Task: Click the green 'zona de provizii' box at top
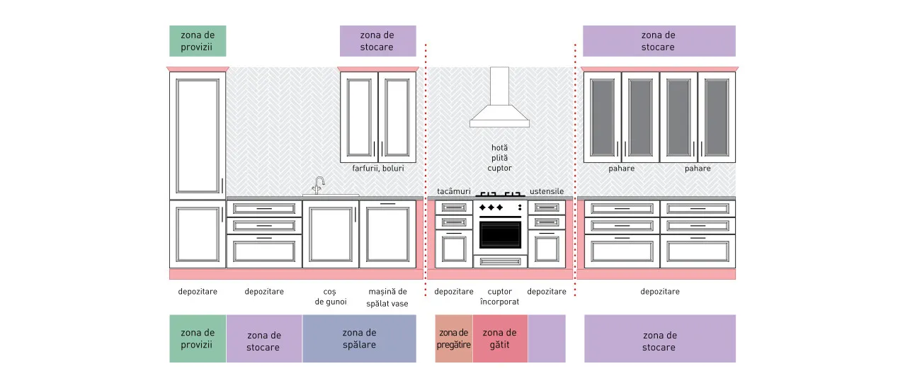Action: tap(198, 41)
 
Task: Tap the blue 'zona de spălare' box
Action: tap(359, 338)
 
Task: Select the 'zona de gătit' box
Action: tap(500, 338)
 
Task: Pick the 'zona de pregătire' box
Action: tap(454, 338)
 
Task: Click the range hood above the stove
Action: tap(499, 97)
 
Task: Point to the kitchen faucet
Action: tap(319, 186)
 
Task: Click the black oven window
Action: tap(500, 234)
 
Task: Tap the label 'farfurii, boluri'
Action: tap(377, 169)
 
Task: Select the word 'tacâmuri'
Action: tap(454, 191)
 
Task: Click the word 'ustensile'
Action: tap(547, 191)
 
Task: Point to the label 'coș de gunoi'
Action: tap(331, 297)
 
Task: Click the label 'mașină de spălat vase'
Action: tap(387, 297)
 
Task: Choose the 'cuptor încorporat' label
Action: tap(499, 297)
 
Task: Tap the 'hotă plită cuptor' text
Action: tap(499, 158)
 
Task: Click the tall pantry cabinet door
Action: tap(198, 136)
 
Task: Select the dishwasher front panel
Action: tap(387, 234)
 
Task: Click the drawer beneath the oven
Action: tap(500, 262)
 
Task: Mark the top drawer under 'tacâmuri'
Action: tap(454, 207)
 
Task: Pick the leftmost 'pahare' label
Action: tap(621, 169)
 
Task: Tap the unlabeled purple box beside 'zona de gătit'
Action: tap(547, 338)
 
